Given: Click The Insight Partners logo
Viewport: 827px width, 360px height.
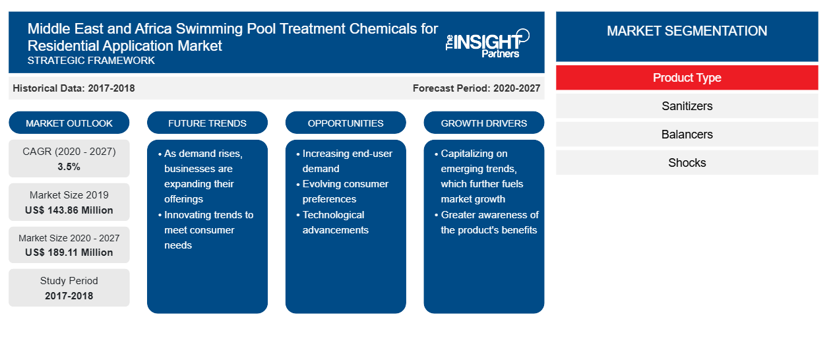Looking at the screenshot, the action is click(x=487, y=44).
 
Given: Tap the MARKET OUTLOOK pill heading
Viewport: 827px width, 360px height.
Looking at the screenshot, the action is click(x=69, y=123).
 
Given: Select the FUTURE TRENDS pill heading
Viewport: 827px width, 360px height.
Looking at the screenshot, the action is click(x=207, y=123).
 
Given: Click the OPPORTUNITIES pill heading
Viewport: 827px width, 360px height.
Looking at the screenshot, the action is click(x=346, y=123).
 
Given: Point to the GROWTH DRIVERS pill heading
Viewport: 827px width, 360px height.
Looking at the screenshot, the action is click(x=483, y=123).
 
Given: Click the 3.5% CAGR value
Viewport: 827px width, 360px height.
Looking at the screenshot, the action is click(x=69, y=167).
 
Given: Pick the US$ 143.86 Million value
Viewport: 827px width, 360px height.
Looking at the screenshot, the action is click(x=69, y=210).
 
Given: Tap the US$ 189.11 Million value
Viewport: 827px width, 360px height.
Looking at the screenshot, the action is click(x=69, y=253).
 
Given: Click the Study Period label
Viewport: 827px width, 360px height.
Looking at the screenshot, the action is click(x=69, y=281).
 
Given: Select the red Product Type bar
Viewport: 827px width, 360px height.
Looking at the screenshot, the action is click(x=687, y=78).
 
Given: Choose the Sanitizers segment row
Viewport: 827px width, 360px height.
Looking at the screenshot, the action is click(x=687, y=106).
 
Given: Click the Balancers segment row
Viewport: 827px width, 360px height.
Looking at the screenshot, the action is click(x=687, y=135).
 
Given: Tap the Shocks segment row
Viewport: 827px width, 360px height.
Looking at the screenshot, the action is click(x=687, y=162).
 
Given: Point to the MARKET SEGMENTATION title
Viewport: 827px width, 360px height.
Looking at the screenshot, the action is click(x=687, y=30).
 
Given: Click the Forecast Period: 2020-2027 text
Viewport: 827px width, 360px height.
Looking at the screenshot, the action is click(x=476, y=88).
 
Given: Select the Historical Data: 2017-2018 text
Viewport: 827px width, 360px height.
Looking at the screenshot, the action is click(x=74, y=88).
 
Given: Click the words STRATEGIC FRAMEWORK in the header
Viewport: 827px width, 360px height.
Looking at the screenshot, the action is click(x=91, y=61).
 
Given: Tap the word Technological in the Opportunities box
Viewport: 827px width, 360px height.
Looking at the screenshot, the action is click(x=334, y=215).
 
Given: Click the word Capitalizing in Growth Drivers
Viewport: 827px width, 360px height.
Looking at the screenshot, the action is click(x=474, y=154).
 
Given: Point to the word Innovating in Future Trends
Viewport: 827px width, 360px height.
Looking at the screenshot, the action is click(x=187, y=215).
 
